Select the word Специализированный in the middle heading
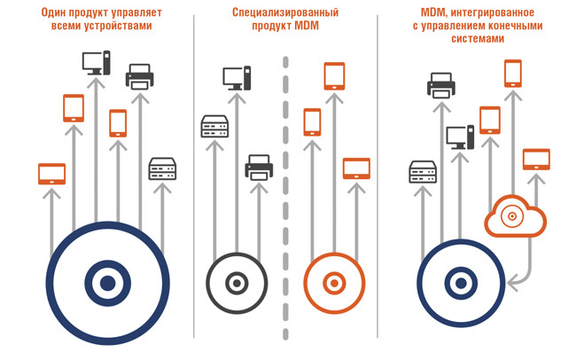[x=263, y=12]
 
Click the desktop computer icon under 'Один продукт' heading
[x=96, y=63]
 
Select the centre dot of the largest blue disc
[x=107, y=284]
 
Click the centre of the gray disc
[x=236, y=284]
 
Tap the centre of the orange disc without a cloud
[x=333, y=284]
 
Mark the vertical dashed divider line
[x=285, y=195]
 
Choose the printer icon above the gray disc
[x=259, y=167]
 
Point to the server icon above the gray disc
[x=215, y=127]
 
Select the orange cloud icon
[x=515, y=215]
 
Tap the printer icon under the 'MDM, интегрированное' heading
[x=441, y=86]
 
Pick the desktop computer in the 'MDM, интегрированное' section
[x=460, y=137]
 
